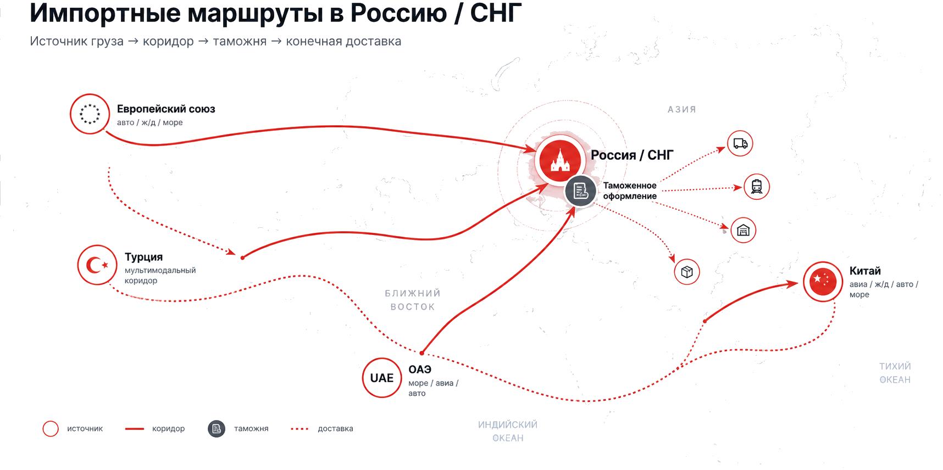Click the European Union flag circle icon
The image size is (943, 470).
[90, 114]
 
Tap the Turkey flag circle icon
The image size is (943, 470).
[97, 265]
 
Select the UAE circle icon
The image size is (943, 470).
[382, 378]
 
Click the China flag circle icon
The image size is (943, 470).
[823, 282]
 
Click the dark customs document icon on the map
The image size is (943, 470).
[580, 191]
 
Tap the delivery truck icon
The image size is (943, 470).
[740, 143]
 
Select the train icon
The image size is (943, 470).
[757, 187]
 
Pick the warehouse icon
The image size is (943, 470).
[743, 230]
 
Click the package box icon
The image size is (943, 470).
[687, 272]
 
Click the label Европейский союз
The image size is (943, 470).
[166, 109]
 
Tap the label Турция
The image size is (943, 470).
[143, 257]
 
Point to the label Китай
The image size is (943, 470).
[865, 271]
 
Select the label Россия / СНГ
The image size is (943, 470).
[632, 155]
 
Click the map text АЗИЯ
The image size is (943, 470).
[682, 109]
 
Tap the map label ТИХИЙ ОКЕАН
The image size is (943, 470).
[895, 373]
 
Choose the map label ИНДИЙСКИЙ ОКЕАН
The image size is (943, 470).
[508, 431]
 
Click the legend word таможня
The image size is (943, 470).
[251, 429]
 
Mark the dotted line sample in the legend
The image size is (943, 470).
[299, 429]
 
